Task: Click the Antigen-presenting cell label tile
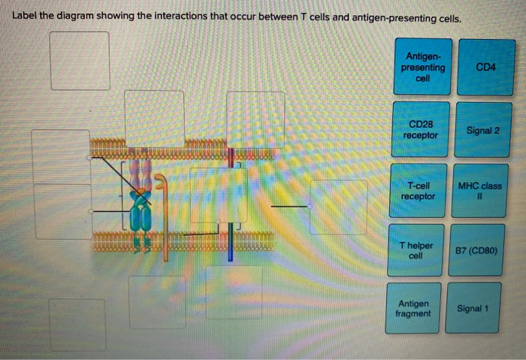pyautogui.click(x=424, y=67)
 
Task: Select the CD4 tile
pyautogui.click(x=485, y=67)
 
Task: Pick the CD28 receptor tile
pyautogui.click(x=421, y=129)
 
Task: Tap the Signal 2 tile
pyautogui.click(x=482, y=129)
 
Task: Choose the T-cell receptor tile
pyautogui.click(x=418, y=191)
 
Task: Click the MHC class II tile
pyautogui.click(x=479, y=191)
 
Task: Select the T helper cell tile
pyautogui.click(x=416, y=250)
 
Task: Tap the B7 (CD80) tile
pyautogui.click(x=477, y=250)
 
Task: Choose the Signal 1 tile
pyautogui.click(x=473, y=308)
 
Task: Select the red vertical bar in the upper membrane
pyautogui.click(x=230, y=158)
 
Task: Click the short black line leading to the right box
pyautogui.click(x=289, y=205)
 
